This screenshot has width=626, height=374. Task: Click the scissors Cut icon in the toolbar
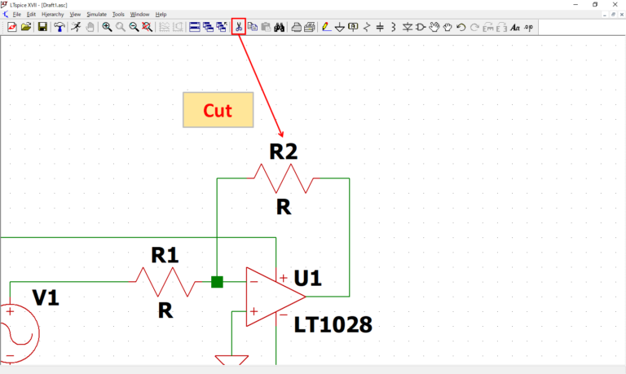coord(238,27)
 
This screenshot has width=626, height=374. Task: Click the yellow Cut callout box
coord(218,110)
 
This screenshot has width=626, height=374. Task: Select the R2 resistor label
coord(283,152)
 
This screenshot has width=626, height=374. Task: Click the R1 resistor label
coord(165,255)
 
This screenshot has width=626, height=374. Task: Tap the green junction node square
coord(217,282)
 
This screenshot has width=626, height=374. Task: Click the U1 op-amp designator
coord(307,279)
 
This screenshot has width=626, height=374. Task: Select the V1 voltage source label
coord(46,298)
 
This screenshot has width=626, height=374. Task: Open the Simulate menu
coord(96,15)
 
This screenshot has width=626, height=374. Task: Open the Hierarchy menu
coord(52,15)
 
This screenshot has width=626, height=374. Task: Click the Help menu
coord(161,15)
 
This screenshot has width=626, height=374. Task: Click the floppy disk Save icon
coord(42,27)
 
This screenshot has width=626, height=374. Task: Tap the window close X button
coord(615,5)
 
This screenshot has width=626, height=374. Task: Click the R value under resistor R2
coord(283,207)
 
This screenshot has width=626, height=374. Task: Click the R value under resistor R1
coord(165,310)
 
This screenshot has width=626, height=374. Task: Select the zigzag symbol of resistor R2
coord(283,178)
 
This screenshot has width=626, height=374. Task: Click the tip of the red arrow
coord(283,135)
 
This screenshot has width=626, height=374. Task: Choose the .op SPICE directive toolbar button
coord(528,27)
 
